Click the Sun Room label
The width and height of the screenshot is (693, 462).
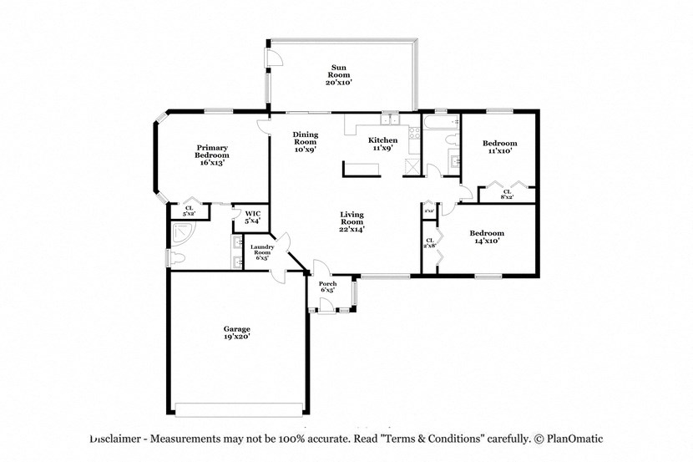338,75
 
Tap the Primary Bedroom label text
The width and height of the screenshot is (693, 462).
211,155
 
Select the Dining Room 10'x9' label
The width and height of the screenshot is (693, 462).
304,142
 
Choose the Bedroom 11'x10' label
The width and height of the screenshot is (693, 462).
499,147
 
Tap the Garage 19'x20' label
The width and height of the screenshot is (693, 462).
236,333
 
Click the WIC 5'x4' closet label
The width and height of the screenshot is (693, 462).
252,218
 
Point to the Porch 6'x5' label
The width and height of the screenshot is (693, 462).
328,287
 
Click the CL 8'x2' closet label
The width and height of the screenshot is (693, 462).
507,194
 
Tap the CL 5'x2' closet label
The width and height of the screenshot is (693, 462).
189,211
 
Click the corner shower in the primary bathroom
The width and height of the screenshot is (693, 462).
178,240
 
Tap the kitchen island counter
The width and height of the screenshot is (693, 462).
359,170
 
